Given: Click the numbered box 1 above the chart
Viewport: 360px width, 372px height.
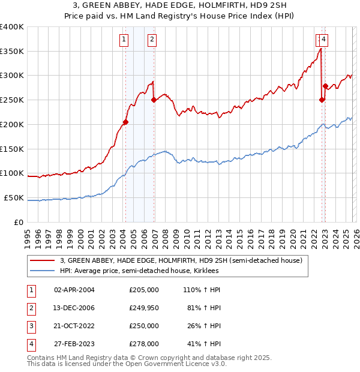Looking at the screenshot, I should (124, 40).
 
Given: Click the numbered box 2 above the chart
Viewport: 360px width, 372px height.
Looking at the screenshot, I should (152, 40).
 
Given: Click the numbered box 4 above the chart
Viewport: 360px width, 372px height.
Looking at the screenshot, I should (323, 40).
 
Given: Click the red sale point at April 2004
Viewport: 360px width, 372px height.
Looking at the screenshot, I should (125, 122).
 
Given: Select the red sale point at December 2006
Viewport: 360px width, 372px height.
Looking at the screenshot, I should (154, 100).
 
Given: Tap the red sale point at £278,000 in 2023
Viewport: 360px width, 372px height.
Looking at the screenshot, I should (325, 86).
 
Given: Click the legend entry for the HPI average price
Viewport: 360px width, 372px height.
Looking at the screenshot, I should (139, 271).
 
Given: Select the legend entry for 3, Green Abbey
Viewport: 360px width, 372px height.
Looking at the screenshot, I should (184, 260).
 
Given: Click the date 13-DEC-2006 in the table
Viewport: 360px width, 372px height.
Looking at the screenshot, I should (74, 307).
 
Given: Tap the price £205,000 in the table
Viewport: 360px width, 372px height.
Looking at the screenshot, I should (144, 289).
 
